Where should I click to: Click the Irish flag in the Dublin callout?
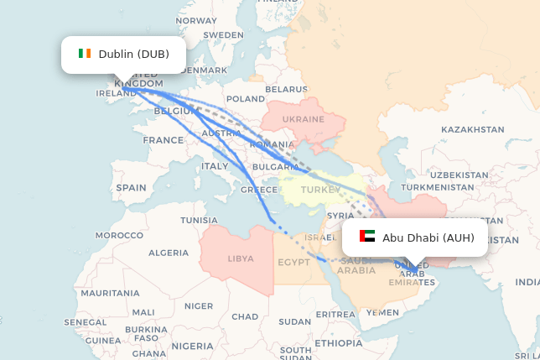[85, 55]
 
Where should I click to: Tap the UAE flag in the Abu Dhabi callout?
[366, 237]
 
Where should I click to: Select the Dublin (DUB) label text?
[133, 55]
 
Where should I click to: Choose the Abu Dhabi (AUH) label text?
[428, 237]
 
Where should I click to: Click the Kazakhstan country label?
[472, 129]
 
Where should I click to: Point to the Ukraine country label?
[303, 119]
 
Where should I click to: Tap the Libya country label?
[241, 258]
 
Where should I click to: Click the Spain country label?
[131, 188]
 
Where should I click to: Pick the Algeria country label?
[169, 252]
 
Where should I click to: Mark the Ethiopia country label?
[339, 343]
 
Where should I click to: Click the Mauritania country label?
[110, 293]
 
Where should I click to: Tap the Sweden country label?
[223, 35]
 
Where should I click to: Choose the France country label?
[163, 140]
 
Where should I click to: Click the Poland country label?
[245, 99]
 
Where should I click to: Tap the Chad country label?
[245, 316]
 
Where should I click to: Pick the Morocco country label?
[119, 235]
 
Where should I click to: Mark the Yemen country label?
[382, 312]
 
